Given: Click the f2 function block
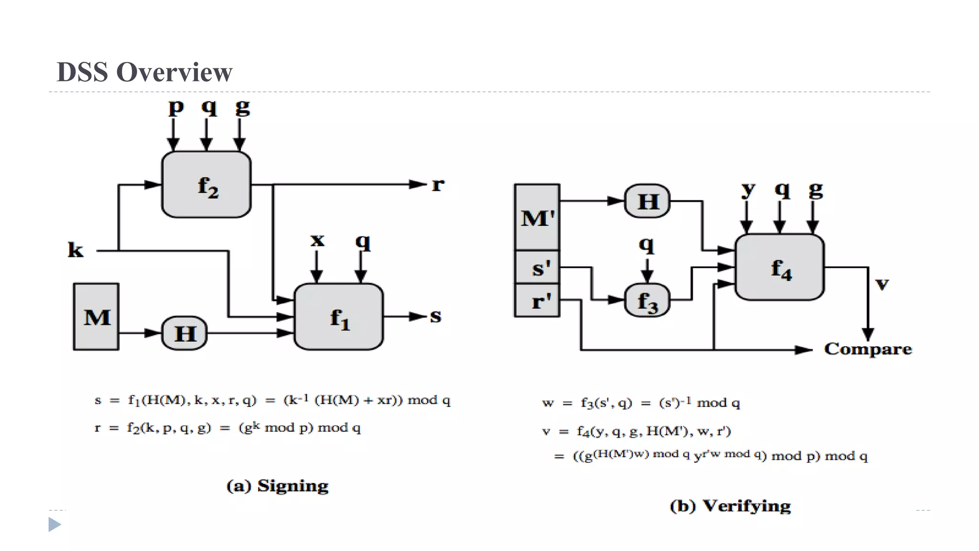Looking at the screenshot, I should pyautogui.click(x=206, y=185).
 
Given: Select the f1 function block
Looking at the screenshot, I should pyautogui.click(x=338, y=317).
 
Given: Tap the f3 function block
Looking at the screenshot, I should pyautogui.click(x=647, y=300).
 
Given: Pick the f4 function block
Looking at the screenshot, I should pyautogui.click(x=779, y=267).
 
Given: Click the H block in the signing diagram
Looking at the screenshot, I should pyautogui.click(x=185, y=333).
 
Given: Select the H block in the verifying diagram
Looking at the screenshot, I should pyautogui.click(x=647, y=201).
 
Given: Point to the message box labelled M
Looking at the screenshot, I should pyautogui.click(x=96, y=317).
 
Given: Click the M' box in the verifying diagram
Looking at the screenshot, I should pyautogui.click(x=537, y=218).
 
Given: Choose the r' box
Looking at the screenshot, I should pyautogui.click(x=537, y=300).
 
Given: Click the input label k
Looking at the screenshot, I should pyautogui.click(x=75, y=250).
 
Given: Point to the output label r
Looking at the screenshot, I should pyautogui.click(x=438, y=185).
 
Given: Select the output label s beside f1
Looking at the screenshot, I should pyautogui.click(x=435, y=316).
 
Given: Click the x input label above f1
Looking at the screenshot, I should pyautogui.click(x=317, y=240).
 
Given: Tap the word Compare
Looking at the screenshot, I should pyautogui.click(x=868, y=349).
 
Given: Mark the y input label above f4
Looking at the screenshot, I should pyautogui.click(x=748, y=190).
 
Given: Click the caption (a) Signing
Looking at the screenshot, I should pyautogui.click(x=277, y=486).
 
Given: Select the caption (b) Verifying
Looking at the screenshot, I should pyautogui.click(x=730, y=506).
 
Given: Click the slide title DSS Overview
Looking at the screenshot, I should pyautogui.click(x=144, y=72).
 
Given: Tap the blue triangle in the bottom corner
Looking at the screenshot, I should pyautogui.click(x=54, y=525).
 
